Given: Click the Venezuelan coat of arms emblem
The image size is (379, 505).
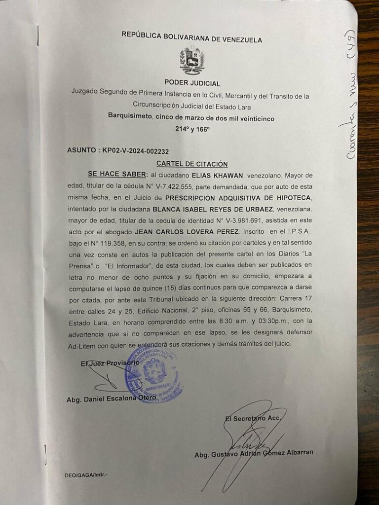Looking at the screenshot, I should [x=192, y=61].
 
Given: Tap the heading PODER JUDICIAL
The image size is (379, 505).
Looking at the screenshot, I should [x=192, y=84].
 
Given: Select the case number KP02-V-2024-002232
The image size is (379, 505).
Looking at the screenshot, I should [x=140, y=150].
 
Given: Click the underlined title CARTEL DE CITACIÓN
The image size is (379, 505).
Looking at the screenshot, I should [x=192, y=163].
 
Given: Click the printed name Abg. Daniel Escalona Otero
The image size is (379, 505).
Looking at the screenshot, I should [x=112, y=398].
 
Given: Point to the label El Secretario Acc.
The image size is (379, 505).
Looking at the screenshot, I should [x=252, y=419].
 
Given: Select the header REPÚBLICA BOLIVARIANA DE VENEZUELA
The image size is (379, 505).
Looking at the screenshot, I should [x=192, y=40].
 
